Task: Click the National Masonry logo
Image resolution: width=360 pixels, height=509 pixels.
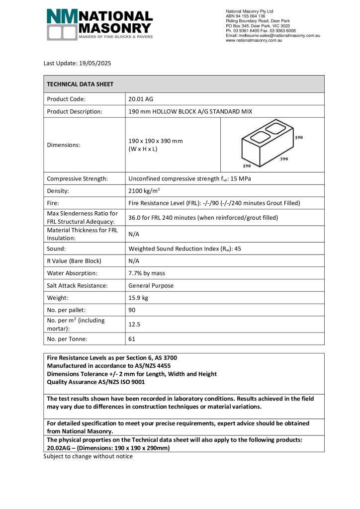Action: pos(99,24)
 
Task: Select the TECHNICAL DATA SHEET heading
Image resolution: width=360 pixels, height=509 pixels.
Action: pos(80,85)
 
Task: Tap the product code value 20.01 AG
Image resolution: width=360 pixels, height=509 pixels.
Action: pos(141,99)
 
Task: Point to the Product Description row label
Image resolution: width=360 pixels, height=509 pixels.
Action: pos(75,111)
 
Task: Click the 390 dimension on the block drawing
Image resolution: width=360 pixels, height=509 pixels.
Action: pos(284,160)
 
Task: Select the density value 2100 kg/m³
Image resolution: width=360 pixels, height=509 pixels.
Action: pos(144,191)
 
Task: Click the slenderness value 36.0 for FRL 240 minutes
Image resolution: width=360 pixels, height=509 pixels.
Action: pos(203,218)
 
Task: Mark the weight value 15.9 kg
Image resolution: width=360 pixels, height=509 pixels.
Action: pos(139,298)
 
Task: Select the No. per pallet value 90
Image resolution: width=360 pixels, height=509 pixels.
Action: pos(132,310)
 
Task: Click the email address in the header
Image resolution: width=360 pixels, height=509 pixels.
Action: pos(272,36)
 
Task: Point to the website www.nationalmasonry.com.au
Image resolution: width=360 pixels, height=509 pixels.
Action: pos(254,40)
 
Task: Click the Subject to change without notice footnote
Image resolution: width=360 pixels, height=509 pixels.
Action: pos(88,456)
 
